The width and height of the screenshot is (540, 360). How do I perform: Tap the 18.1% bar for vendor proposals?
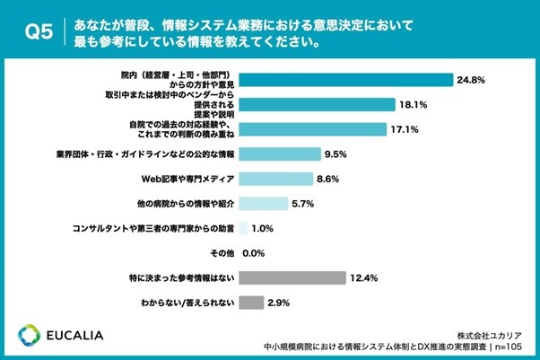click(318, 105)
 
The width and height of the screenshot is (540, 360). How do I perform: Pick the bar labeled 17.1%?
click(313, 129)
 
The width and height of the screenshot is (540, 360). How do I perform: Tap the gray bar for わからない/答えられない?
click(251, 302)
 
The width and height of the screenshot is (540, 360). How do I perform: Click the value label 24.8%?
click(470, 80)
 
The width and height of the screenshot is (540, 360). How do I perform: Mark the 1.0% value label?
click(262, 228)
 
